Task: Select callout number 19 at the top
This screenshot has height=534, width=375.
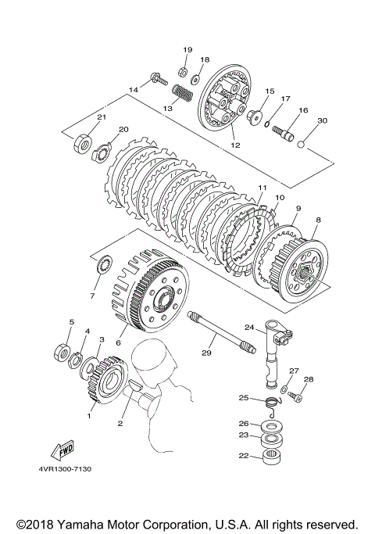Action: pyautogui.click(x=187, y=50)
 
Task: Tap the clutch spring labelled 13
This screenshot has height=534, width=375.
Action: pyautogui.click(x=183, y=92)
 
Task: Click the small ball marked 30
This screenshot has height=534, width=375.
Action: pyautogui.click(x=302, y=145)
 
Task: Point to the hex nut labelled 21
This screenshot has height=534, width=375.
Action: pyautogui.click(x=82, y=143)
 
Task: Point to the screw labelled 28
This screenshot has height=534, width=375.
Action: pyautogui.click(x=295, y=396)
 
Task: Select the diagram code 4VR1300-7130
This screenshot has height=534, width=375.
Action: pyautogui.click(x=65, y=469)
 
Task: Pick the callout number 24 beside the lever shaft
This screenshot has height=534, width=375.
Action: pyautogui.click(x=249, y=328)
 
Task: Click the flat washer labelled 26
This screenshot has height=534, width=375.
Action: pyautogui.click(x=271, y=426)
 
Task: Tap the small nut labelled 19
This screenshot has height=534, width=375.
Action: pyautogui.click(x=182, y=72)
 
